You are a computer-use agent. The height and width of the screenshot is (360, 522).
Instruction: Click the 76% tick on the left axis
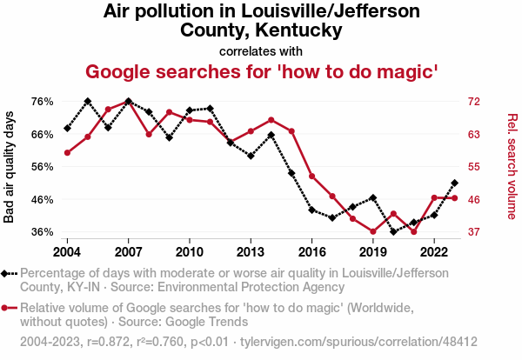[x=43, y=101]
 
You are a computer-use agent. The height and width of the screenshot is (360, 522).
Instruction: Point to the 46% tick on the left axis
[x=43, y=199]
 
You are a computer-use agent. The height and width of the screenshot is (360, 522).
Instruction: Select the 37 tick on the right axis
[x=471, y=232]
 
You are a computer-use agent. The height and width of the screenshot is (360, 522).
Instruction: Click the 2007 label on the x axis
[x=128, y=251]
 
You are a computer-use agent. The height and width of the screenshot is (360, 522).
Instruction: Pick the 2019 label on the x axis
[x=373, y=251]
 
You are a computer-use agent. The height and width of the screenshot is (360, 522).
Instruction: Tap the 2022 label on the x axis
[x=434, y=251]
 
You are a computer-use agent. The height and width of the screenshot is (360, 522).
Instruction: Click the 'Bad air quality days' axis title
[x=10, y=166]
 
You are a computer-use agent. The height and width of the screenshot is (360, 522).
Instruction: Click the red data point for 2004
[x=67, y=153]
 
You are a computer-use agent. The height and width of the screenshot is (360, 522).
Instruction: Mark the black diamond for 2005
[x=88, y=101]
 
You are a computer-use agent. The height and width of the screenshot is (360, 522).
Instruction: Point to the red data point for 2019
[x=373, y=231]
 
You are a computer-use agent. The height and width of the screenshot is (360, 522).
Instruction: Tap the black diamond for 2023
[x=455, y=183]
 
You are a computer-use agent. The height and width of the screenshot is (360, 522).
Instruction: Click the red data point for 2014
[x=271, y=119]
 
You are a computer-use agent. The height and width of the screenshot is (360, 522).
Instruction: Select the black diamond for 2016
[x=312, y=210]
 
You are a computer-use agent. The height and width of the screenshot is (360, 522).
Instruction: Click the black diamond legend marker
[x=10, y=273]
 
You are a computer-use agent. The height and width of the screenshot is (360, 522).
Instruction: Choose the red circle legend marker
[x=10, y=308]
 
